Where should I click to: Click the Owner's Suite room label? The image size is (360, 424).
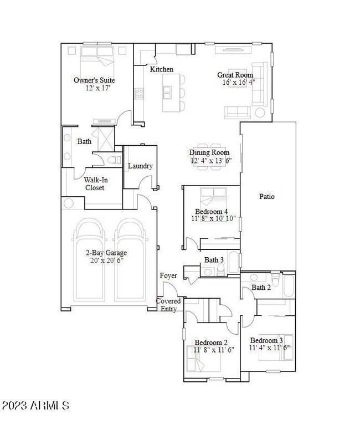pyautogui.click(x=94, y=80)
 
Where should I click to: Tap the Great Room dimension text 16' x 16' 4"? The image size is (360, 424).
pyautogui.click(x=235, y=83)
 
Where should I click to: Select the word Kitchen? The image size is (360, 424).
pyautogui.click(x=162, y=69)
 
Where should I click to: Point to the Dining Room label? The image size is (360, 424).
pyautogui.click(x=209, y=153)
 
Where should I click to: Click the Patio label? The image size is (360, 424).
pyautogui.click(x=267, y=196)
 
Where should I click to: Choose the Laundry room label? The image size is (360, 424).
pyautogui.click(x=140, y=166)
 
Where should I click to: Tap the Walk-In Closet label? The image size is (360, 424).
pyautogui.click(x=94, y=183)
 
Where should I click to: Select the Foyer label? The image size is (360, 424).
pyautogui.click(x=168, y=275)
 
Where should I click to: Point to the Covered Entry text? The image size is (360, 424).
pyautogui.click(x=168, y=305)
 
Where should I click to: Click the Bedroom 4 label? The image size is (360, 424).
pyautogui.click(x=211, y=211)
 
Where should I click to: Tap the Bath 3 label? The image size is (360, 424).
pyautogui.click(x=214, y=259)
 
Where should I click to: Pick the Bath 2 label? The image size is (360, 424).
pyautogui.click(x=261, y=287)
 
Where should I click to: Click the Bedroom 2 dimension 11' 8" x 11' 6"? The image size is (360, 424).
pyautogui.click(x=214, y=350)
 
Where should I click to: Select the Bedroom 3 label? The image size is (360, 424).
pyautogui.click(x=266, y=340)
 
